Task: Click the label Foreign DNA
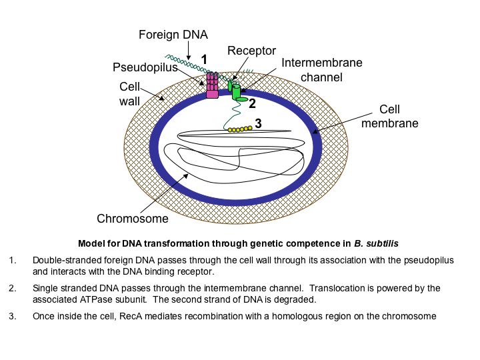[174, 34]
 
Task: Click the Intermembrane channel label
[322, 70]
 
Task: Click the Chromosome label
[133, 218]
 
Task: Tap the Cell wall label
[130, 95]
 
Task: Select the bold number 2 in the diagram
[252, 103]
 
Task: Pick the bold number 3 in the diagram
[258, 123]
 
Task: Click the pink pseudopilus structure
[212, 85]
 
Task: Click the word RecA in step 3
[127, 316]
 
